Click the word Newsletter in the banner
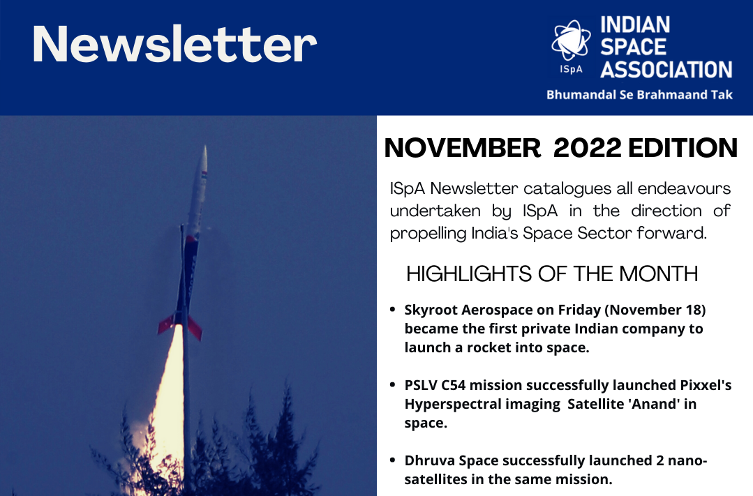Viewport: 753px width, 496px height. (x=174, y=44)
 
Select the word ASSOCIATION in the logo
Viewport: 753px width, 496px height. (x=666, y=70)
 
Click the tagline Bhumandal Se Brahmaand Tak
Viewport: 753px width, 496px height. (x=639, y=95)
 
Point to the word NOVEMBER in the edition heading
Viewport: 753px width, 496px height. (x=463, y=148)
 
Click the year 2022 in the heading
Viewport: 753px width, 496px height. (x=588, y=148)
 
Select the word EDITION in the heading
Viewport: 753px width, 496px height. (x=683, y=148)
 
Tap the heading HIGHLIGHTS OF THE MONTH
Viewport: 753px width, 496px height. (x=552, y=274)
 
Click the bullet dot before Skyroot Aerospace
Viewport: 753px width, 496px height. (x=393, y=310)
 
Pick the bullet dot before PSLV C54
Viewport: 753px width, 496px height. (x=393, y=385)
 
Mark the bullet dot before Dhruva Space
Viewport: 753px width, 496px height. (x=393, y=460)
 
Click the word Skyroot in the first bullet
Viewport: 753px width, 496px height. (x=431, y=310)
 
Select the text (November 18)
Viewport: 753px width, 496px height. (x=655, y=310)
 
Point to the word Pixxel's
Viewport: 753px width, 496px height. (x=706, y=385)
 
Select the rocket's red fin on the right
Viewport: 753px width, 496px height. (x=195, y=328)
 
